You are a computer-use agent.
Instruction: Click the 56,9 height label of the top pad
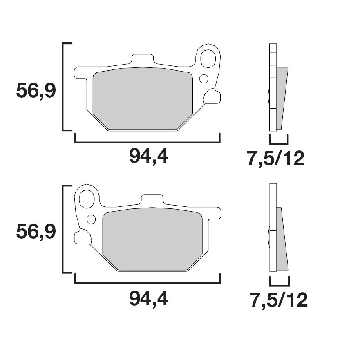pos(36,91)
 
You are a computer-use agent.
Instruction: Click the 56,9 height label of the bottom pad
pos(36,232)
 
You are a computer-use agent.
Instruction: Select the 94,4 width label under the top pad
pos(149,156)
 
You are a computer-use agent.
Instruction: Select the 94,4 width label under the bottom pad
pos(149,299)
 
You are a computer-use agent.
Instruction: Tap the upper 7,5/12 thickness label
pos(275,159)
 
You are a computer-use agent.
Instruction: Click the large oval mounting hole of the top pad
pos(209,59)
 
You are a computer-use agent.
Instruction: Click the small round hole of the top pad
pos(203,78)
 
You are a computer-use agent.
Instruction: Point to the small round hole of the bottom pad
pos(92,219)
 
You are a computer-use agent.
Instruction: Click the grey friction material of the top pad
pos(142,98)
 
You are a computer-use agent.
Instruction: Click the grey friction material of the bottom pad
pos(152,239)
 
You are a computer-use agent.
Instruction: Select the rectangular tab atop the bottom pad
pos(152,199)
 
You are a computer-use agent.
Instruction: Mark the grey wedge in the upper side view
pos(282,98)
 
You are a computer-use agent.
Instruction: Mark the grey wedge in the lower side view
pos(282,241)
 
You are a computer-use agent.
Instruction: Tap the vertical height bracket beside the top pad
pos(63,87)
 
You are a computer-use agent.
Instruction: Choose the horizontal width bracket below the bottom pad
pos(147,282)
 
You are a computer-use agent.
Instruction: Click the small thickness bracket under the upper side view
pos(279,143)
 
